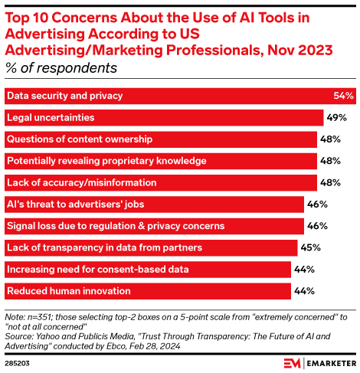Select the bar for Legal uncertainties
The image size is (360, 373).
164,118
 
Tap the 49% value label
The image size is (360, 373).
337,118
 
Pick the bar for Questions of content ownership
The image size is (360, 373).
161,139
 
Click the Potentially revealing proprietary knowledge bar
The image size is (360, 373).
161,161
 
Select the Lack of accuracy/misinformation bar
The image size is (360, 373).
161,182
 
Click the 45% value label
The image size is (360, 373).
310,247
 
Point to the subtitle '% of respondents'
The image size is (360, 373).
61,68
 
